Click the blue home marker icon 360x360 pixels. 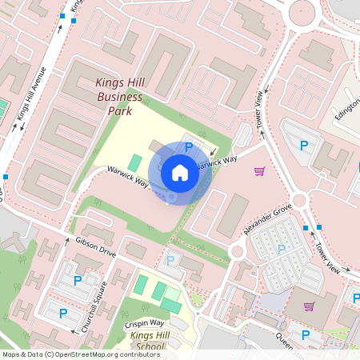[x=180, y=172]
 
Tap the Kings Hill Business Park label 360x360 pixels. [x=120, y=97]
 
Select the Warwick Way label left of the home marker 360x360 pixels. [x=128, y=177]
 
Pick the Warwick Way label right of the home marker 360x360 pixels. [x=218, y=162]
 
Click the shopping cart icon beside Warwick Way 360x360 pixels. [x=259, y=170]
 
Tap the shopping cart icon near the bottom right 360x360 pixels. [x=309, y=306]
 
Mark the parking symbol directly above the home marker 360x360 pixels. [x=189, y=147]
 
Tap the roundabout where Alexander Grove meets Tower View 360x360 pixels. [x=300, y=199]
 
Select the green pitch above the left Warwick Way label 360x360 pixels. [x=134, y=162]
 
